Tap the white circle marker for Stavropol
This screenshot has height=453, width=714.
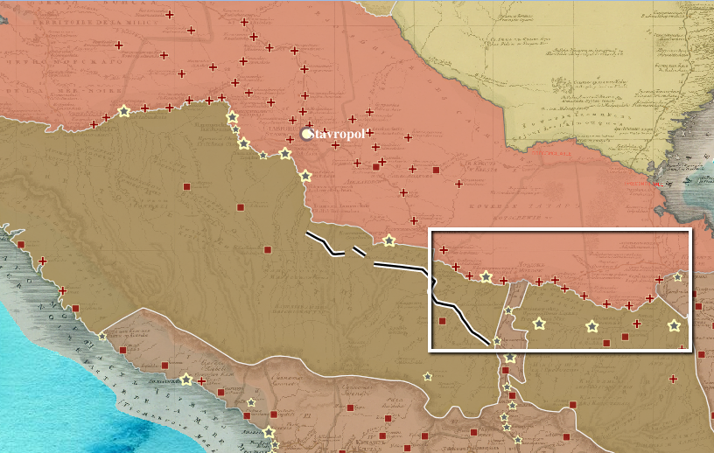pyautogui.click(x=306, y=134)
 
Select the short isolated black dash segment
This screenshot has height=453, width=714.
pyautogui.click(x=359, y=253)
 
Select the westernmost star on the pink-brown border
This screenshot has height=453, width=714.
pyautogui.click(x=123, y=111)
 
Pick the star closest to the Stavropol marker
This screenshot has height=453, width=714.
pyautogui.click(x=285, y=153)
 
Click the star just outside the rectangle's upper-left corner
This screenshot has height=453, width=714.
pyautogui.click(x=388, y=240)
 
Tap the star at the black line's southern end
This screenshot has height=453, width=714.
pyautogui.click(x=496, y=340)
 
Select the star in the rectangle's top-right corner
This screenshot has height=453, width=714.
pyautogui.click(x=677, y=276)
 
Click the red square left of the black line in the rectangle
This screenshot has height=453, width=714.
pyautogui.click(x=442, y=321)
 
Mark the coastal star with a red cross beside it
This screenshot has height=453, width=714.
pyautogui.click(x=185, y=380)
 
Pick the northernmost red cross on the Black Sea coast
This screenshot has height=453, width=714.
pyautogui.click(x=43, y=261)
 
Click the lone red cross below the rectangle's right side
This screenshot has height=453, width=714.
pyautogui.click(x=672, y=379)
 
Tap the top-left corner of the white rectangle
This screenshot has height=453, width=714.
pyautogui.click(x=429, y=230)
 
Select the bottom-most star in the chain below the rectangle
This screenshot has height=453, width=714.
pyautogui.click(x=518, y=439)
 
